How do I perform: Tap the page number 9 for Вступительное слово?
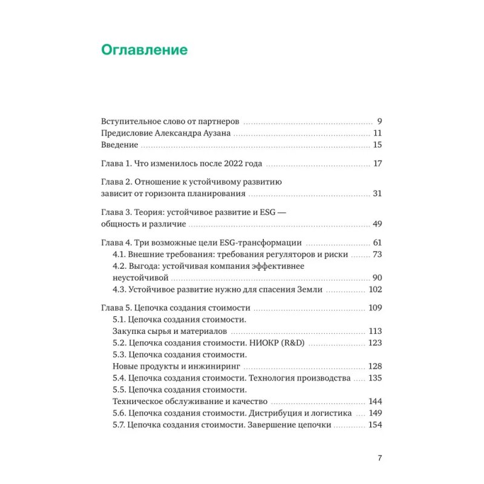[379, 120]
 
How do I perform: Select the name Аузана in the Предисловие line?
[214, 132]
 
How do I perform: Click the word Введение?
[119, 145]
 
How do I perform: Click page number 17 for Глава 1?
[378, 163]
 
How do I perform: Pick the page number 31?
[378, 194]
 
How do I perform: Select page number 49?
[378, 224]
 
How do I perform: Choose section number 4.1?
[120, 255]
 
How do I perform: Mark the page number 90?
[378, 278]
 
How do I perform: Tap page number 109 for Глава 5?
[376, 308]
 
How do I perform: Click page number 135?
[376, 378]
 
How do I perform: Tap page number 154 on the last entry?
[376, 425]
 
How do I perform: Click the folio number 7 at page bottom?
[379, 458]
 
